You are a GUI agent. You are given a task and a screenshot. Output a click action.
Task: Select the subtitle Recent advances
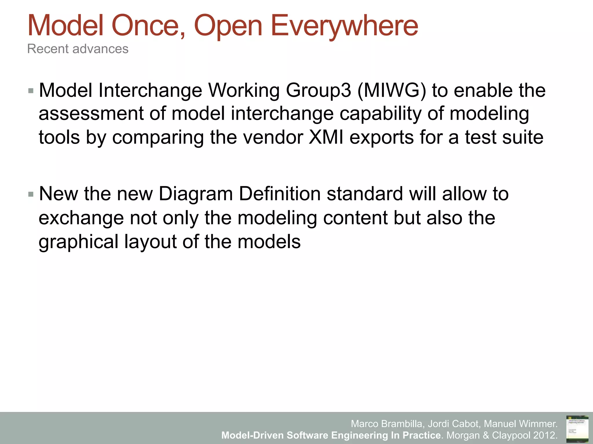pos(78,49)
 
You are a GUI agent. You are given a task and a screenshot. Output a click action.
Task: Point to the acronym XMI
pos(326,137)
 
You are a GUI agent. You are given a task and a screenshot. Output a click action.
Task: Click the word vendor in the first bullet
pos(273,137)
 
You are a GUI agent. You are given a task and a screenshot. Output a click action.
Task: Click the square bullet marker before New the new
pos(31,194)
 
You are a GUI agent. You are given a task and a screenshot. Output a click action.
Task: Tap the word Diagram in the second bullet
pos(196,194)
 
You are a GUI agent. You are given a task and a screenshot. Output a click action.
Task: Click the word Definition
pos(280,194)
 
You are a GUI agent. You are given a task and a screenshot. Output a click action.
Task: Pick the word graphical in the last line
pos(78,242)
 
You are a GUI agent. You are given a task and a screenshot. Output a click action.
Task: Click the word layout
pos(150,242)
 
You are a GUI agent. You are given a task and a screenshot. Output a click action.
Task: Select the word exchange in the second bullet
pos(81,218)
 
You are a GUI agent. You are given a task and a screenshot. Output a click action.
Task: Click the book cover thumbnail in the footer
pos(577,428)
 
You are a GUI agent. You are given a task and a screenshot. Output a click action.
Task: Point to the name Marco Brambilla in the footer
pos(388,424)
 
